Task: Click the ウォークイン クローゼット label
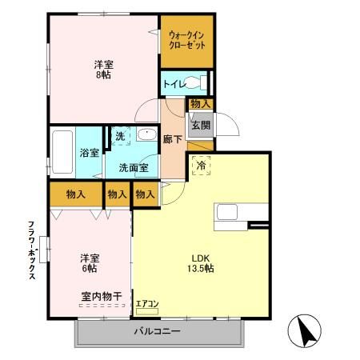186,41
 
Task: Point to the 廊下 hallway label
172,138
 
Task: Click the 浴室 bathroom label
88,153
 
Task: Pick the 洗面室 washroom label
133,168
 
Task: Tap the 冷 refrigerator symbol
201,166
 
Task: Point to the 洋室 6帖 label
90,263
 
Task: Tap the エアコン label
147,303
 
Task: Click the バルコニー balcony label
157,331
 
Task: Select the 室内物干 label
101,296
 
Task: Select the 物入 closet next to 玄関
200,103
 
